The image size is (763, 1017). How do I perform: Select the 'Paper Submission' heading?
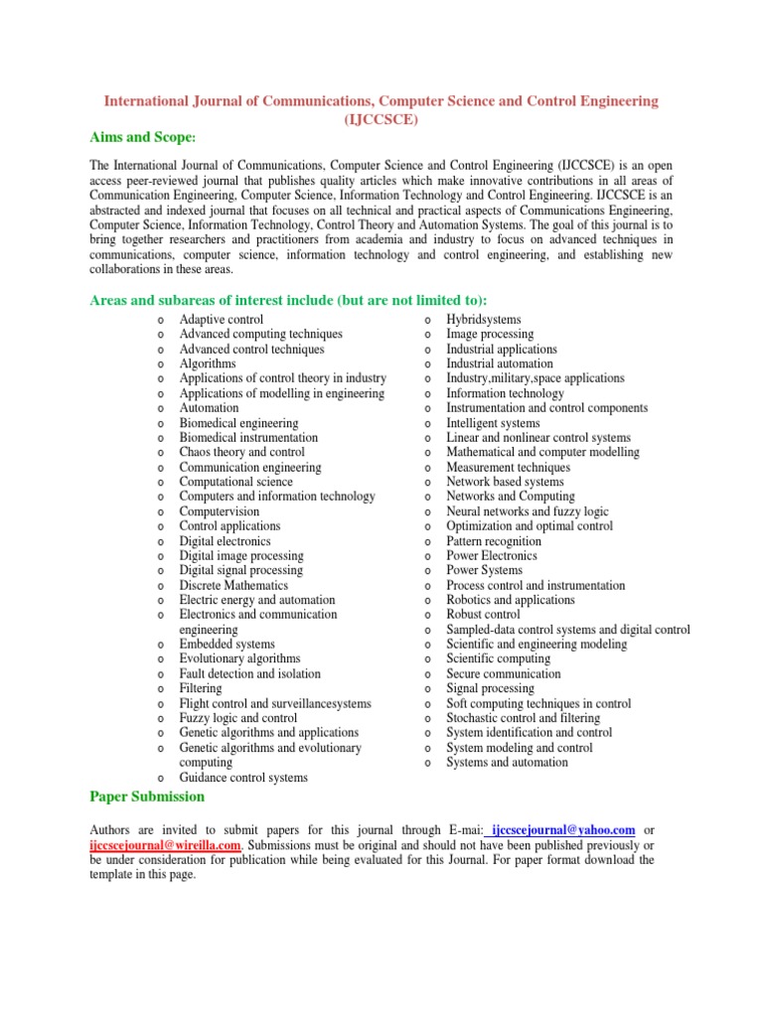(147, 796)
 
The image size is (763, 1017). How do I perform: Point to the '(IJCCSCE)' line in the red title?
(381, 118)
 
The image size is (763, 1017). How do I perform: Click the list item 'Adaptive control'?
(222, 320)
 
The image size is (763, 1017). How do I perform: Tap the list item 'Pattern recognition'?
(494, 541)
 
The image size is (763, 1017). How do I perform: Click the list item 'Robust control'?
(483, 615)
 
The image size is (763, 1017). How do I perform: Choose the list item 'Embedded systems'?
(228, 645)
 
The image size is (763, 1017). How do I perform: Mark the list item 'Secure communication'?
(503, 673)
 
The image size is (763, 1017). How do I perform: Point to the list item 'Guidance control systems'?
(243, 778)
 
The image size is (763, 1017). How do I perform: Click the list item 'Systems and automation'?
(507, 763)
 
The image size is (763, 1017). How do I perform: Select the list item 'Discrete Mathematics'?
(233, 585)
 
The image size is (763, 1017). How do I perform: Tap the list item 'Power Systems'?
(484, 571)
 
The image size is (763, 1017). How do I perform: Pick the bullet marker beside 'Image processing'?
(426, 336)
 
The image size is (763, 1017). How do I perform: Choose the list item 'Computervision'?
(220, 511)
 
